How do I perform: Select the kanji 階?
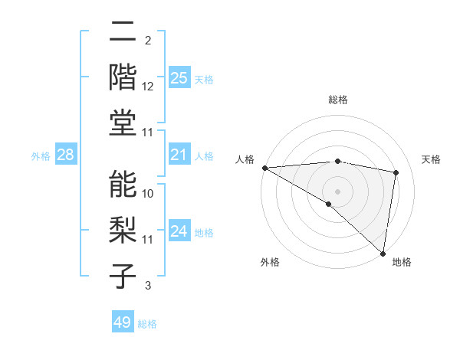tap(123, 77)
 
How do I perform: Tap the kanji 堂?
tap(123, 123)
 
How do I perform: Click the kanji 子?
tap(123, 276)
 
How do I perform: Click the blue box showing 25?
tap(179, 77)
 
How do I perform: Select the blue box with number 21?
tap(179, 155)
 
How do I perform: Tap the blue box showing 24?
tap(179, 231)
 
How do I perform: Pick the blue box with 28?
tap(66, 155)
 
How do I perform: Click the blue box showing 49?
tap(122, 322)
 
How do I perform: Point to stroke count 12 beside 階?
tap(148, 87)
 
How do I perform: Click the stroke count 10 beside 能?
tap(148, 193)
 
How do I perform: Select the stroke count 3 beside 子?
tap(148, 286)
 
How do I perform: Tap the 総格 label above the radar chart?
tap(338, 100)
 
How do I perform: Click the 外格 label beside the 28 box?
tap(41, 156)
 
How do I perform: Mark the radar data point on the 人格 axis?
tap(264, 168)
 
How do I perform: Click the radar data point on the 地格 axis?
tap(383, 253)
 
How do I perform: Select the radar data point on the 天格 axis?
tap(396, 172)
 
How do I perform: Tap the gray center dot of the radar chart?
tap(337, 191)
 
